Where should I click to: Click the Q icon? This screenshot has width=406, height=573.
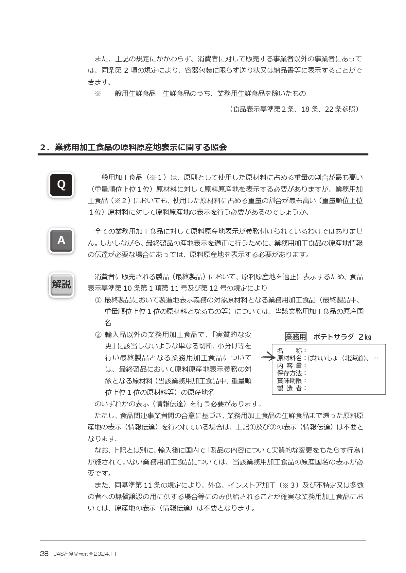coord(61,185)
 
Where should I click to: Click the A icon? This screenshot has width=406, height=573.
coord(61,241)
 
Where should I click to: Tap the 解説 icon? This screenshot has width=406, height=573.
coord(61,285)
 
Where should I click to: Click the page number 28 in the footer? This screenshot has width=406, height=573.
coord(44,554)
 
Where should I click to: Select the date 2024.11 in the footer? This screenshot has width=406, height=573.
coord(105,554)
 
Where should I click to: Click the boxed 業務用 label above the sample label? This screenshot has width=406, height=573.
coord(296,337)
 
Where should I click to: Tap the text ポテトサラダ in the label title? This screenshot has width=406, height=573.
coord(333,337)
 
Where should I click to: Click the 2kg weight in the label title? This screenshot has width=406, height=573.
coord(365,337)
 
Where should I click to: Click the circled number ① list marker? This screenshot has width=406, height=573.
coord(98,300)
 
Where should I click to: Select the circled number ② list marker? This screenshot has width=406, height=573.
coord(98,335)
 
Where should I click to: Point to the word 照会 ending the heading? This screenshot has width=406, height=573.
coord(219,147)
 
